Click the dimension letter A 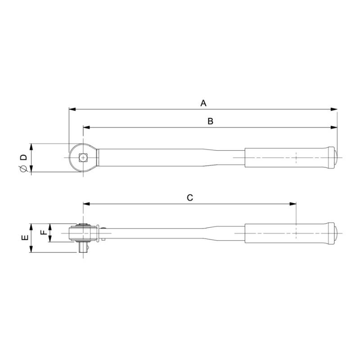tap(203, 103)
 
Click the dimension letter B tap(210, 121)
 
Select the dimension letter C tap(190, 198)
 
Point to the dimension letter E tap(25, 238)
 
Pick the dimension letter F tap(43, 233)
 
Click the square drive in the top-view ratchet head tap(82, 157)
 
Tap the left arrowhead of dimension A tap(72, 109)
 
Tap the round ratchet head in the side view tap(81, 233)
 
